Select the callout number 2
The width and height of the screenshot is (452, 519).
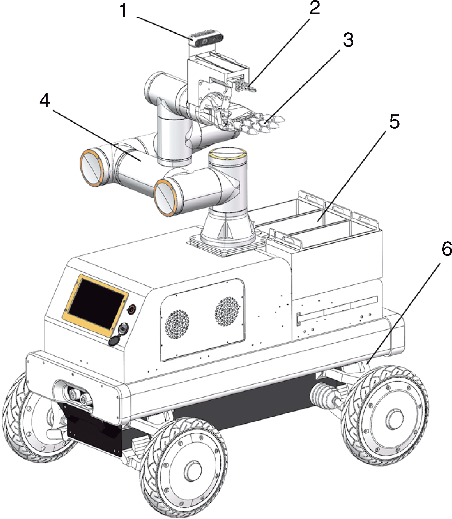pyautogui.click(x=314, y=8)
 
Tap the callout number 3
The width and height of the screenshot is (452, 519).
pyautogui.click(x=348, y=40)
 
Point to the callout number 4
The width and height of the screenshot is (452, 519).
pyautogui.click(x=45, y=101)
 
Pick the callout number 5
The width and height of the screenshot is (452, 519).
pyautogui.click(x=394, y=121)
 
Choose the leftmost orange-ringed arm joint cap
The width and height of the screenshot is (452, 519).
pyautogui.click(x=92, y=168)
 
